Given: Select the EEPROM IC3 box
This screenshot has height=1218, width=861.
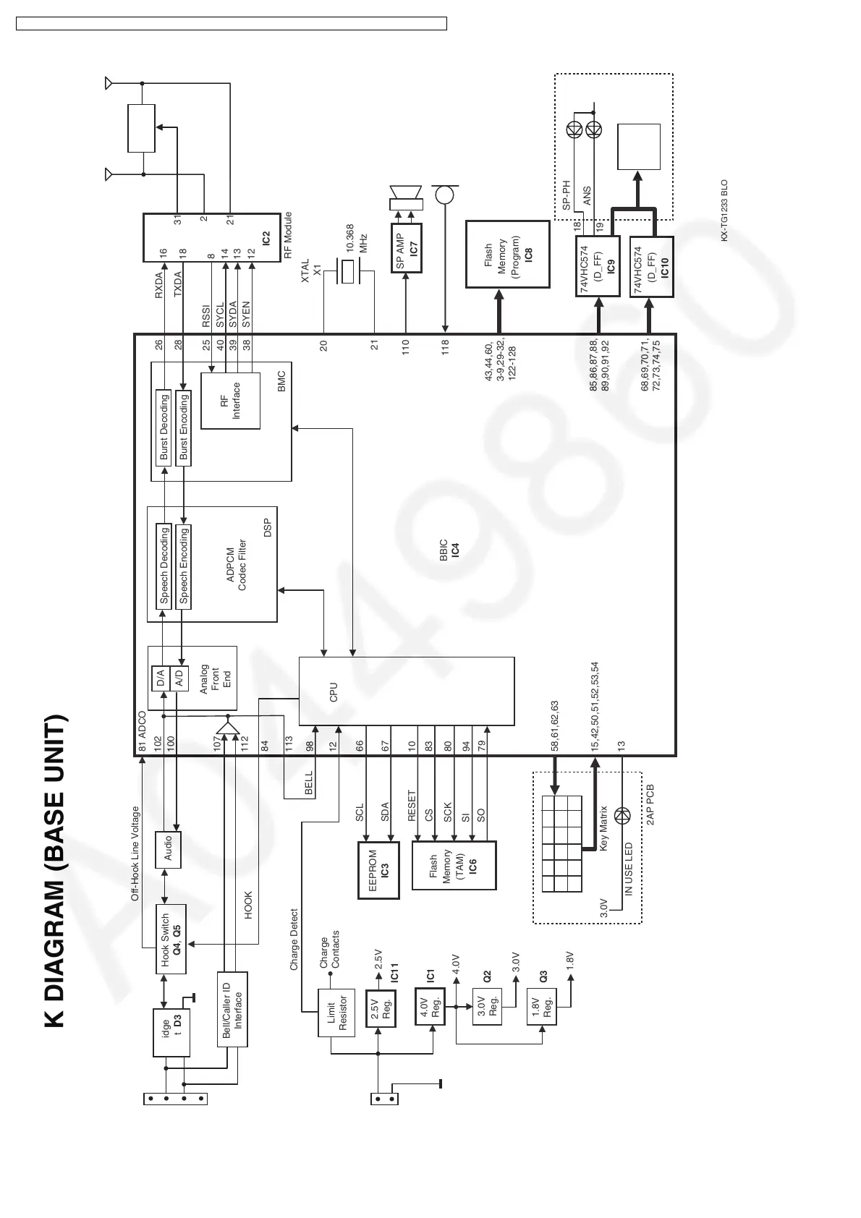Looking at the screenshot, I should pyautogui.click(x=378, y=870).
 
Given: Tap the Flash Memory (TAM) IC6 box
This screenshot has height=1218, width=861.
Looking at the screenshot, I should pyautogui.click(x=454, y=865).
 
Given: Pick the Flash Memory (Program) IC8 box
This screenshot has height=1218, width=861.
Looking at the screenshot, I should pyautogui.click(x=507, y=254).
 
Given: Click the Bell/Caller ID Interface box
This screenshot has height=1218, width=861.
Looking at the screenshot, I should pyautogui.click(x=232, y=1010).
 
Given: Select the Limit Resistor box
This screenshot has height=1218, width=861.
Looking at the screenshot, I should pyautogui.click(x=336, y=1013).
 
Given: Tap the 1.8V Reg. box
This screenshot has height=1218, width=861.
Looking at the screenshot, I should pyautogui.click(x=543, y=1008).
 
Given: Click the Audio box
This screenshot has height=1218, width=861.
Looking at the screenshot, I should pyautogui.click(x=168, y=850).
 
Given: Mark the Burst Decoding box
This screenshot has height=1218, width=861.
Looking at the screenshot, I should pyautogui.click(x=164, y=427).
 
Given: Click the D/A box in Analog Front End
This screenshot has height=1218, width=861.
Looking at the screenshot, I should pyautogui.click(x=160, y=678).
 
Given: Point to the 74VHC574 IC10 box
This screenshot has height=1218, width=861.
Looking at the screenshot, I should pyautogui.click(x=651, y=265).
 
